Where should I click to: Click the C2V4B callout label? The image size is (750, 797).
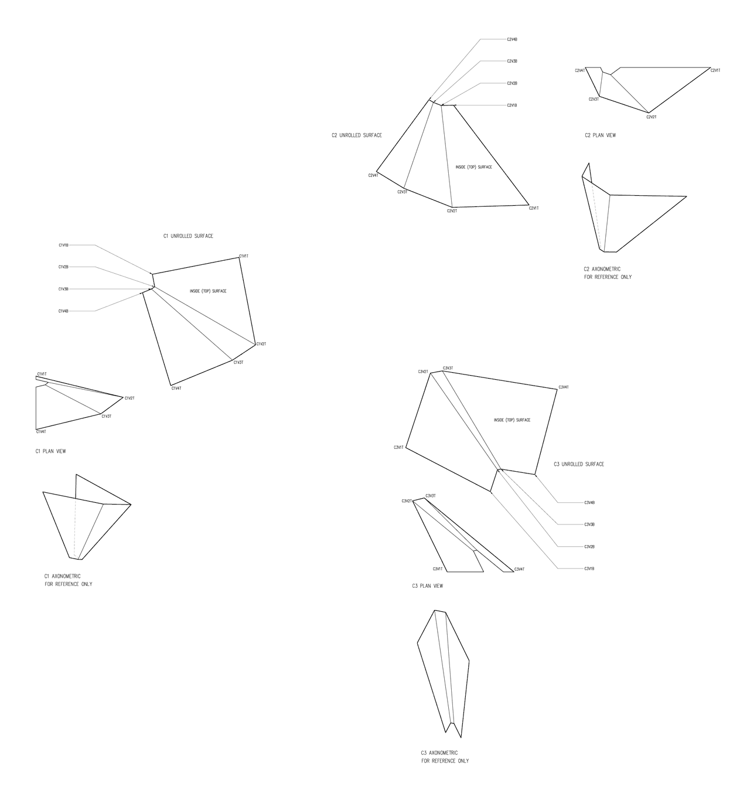point(512,39)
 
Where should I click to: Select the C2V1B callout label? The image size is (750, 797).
point(512,105)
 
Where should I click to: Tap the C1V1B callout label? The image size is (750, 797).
point(63,245)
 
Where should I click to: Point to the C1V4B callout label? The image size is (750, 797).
point(63,311)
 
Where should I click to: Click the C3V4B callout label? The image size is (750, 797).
point(589,503)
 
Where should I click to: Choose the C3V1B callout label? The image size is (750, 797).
point(589,569)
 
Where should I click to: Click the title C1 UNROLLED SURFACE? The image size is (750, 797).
point(188,236)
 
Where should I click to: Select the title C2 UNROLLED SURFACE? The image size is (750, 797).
point(356,135)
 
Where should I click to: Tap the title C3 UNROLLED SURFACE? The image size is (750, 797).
point(579,464)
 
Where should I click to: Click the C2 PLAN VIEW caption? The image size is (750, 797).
point(600,135)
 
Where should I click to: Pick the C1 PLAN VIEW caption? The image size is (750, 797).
point(50,451)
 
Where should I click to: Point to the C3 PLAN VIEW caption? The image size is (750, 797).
point(428,586)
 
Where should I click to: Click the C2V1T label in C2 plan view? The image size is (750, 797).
point(715,70)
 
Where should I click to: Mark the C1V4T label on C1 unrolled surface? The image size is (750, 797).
point(176,389)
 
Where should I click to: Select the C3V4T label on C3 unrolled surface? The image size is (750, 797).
point(564,387)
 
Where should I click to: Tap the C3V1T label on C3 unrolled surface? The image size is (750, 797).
point(398,448)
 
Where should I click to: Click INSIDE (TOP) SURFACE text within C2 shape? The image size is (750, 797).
point(473,167)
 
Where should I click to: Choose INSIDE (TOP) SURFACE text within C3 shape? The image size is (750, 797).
point(512,420)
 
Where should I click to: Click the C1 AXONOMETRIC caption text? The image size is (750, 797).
point(63,576)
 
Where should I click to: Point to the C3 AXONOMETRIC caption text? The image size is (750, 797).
point(439,752)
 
